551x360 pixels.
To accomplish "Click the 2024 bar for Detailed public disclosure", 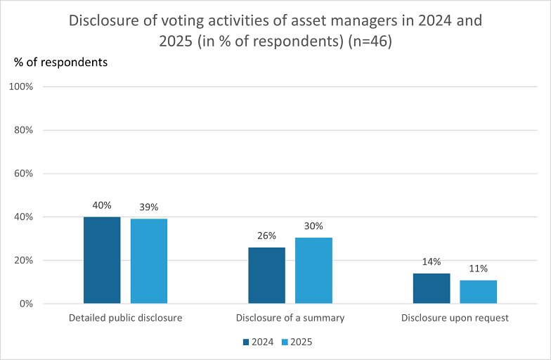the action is pyautogui.click(x=102, y=260).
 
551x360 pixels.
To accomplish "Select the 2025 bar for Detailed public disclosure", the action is pyautogui.click(x=149, y=262).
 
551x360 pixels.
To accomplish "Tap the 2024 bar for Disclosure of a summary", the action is pyautogui.click(x=267, y=276).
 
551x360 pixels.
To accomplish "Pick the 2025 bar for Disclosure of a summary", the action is pyautogui.click(x=313, y=270).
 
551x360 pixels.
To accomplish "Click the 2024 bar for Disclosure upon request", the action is pyautogui.click(x=432, y=288).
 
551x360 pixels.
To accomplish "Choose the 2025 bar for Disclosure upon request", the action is pyautogui.click(x=478, y=292).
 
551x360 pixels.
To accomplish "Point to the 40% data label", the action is pyautogui.click(x=102, y=205).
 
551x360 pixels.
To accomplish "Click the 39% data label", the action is pyautogui.click(x=149, y=207).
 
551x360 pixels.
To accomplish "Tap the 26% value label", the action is pyautogui.click(x=267, y=236).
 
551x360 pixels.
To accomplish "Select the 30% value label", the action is pyautogui.click(x=313, y=226).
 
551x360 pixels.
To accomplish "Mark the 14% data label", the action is pyautogui.click(x=432, y=262).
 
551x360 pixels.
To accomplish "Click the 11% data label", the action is pyautogui.click(x=478, y=269).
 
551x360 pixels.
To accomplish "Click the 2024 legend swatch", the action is pyautogui.click(x=246, y=342).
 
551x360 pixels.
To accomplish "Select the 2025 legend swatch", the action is pyautogui.click(x=285, y=342).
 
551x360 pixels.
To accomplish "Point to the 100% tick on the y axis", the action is pyautogui.click(x=21, y=87).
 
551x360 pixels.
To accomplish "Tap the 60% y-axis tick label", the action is pyautogui.click(x=24, y=174).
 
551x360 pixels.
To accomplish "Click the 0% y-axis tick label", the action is pyautogui.click(x=26, y=304).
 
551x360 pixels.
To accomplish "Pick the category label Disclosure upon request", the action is pyautogui.click(x=455, y=318).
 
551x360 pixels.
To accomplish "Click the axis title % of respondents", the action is pyautogui.click(x=60, y=62).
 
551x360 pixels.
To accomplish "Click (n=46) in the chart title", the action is pyautogui.click(x=370, y=41).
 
